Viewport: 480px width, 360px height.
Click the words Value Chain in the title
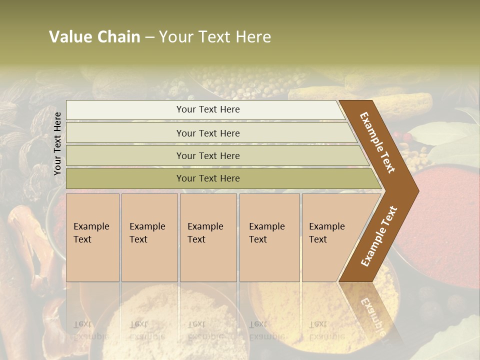[94, 37]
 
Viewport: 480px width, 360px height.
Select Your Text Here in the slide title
[215, 37]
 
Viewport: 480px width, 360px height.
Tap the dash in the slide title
[149, 37]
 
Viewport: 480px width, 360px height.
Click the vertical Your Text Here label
[57, 143]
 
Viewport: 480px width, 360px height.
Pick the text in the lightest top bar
[208, 109]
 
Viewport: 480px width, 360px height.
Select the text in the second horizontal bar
[208, 133]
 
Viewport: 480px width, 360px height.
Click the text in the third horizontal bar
[208, 155]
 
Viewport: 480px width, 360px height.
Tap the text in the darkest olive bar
[208, 178]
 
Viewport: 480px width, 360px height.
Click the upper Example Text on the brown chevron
[378, 142]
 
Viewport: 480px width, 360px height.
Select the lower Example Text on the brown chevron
[379, 236]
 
